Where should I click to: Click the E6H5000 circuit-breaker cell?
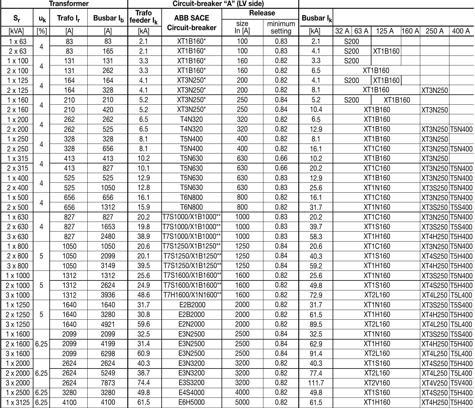tap(191, 402)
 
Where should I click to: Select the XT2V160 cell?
tap(377, 383)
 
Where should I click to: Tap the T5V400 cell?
tap(461, 383)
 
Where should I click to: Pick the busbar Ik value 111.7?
tap(316, 383)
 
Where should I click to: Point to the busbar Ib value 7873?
tap(108, 383)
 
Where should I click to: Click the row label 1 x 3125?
tap(17, 402)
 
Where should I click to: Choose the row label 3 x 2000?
tap(17, 383)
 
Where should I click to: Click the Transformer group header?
tap(69, 4)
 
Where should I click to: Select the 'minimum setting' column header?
tap(281, 27)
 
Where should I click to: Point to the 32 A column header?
tap(342, 31)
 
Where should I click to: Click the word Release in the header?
tap(262, 13)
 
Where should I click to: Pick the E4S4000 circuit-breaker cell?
tap(191, 393)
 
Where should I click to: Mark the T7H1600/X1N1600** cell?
tap(192, 295)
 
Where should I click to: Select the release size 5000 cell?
tap(242, 402)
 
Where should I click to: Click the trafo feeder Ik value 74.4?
tap(144, 383)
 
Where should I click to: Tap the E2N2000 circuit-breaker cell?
tap(191, 324)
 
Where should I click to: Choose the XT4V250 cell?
tap(434, 383)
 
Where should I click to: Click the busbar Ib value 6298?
tap(108, 354)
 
